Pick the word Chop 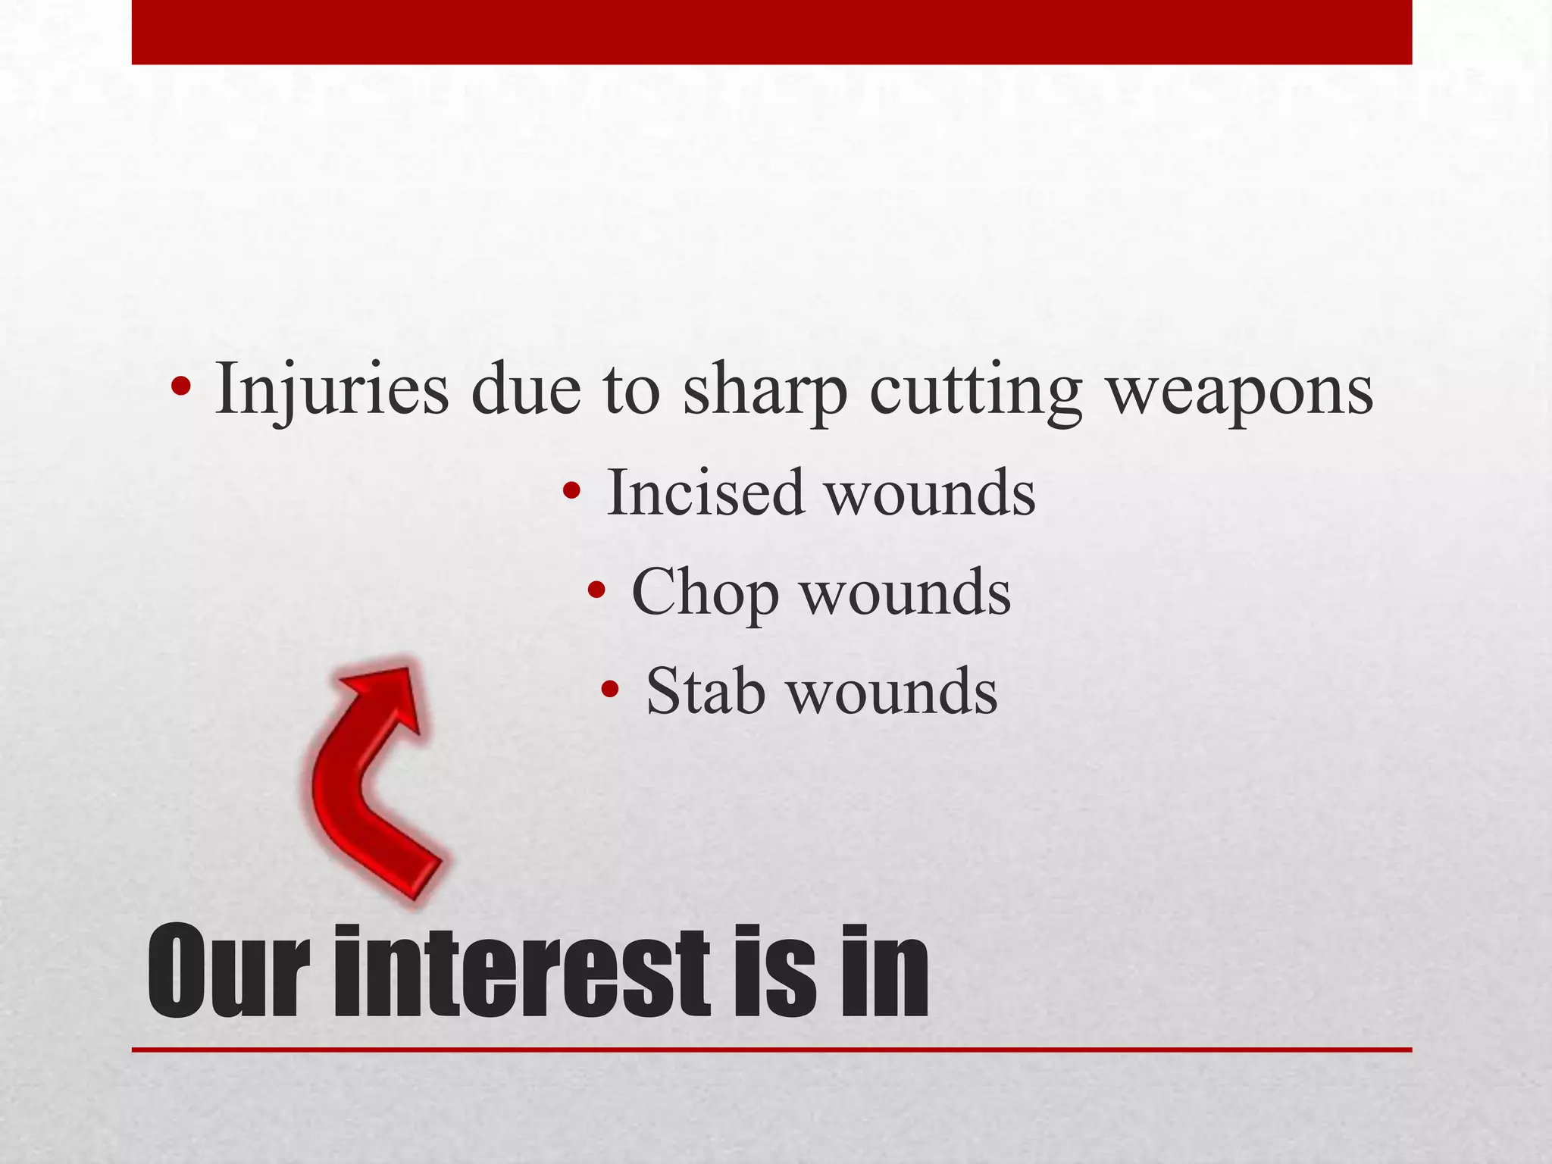click(x=705, y=593)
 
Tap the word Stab click(x=705, y=691)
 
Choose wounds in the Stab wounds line click(x=893, y=691)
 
